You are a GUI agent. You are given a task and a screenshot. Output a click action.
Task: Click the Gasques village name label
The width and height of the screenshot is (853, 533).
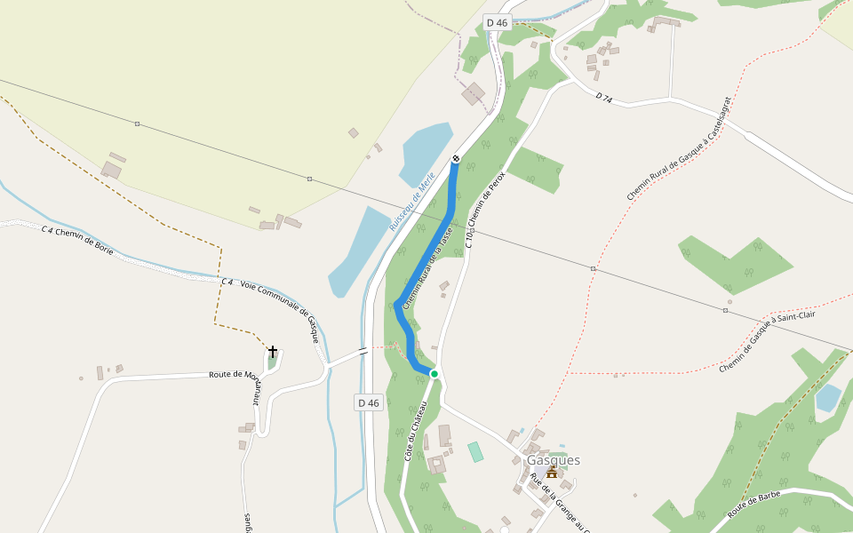[553, 460]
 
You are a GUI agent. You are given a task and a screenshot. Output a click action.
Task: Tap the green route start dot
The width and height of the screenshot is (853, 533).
[434, 374]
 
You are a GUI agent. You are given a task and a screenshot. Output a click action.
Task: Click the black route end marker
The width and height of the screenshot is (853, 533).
[456, 158]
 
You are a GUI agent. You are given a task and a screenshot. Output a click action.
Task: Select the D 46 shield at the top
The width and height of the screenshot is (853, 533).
[498, 22]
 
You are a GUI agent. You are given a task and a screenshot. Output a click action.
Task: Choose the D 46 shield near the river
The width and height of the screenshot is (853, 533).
[369, 402]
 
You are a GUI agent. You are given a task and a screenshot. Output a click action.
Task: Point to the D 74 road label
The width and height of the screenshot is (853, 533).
[604, 97]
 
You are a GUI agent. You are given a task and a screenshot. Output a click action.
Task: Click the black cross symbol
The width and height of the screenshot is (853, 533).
[273, 352]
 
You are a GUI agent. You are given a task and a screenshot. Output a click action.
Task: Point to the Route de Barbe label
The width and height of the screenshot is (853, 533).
[753, 504]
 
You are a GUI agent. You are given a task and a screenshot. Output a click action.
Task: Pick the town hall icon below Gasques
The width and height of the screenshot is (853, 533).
[551, 473]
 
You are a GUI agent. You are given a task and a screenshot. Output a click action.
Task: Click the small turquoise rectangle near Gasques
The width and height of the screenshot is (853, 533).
[475, 451]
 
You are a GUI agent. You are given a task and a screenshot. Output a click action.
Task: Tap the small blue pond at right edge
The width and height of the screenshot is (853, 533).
[828, 397]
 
